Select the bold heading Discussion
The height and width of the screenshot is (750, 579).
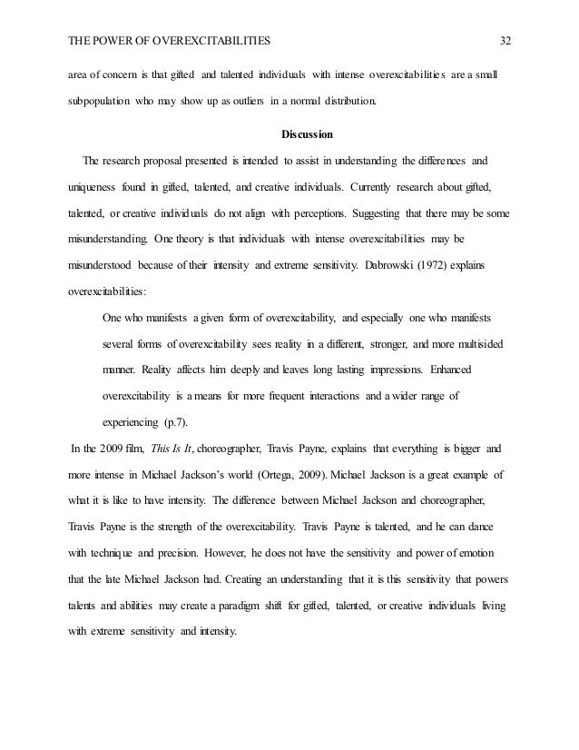[x=308, y=135]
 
